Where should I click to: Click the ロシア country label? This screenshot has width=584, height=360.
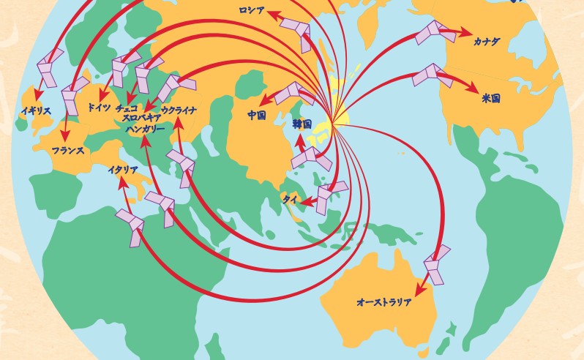(251, 10)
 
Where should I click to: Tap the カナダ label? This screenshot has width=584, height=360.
(487, 42)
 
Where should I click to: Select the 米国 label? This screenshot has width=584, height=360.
(491, 98)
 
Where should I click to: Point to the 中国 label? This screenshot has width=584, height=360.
(256, 115)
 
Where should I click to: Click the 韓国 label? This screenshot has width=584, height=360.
(302, 124)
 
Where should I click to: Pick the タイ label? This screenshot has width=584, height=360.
(290, 198)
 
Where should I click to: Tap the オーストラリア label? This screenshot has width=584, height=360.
(383, 301)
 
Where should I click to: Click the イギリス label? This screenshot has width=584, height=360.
(36, 110)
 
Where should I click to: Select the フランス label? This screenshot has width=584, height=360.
(68, 150)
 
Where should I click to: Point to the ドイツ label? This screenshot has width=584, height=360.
(99, 108)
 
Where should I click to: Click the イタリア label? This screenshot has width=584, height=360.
(123, 170)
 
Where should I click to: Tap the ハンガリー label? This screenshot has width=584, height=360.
(146, 129)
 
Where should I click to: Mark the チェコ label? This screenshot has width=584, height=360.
(127, 108)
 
